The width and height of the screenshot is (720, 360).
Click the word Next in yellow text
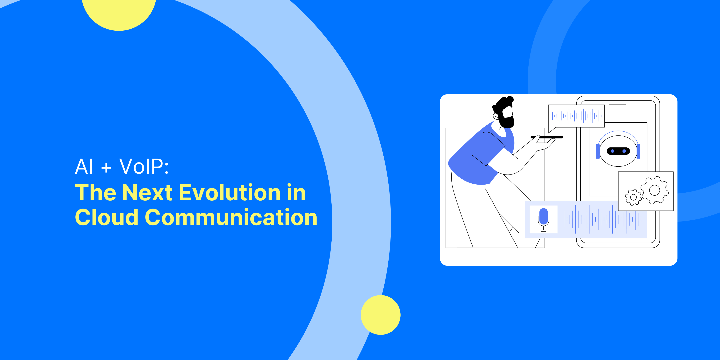148,193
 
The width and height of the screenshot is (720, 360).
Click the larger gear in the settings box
654,190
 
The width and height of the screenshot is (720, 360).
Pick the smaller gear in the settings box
633,197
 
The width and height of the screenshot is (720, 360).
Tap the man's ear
496,116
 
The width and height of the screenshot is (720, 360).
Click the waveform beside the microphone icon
602,219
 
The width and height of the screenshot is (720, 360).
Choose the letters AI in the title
84,167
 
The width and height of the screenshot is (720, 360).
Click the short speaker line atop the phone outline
617,105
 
